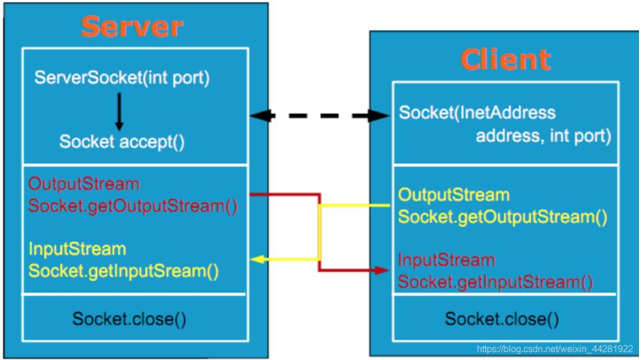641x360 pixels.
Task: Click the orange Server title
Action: [132, 26]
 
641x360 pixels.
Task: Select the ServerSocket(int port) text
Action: [122, 78]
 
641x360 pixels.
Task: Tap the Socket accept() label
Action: [122, 141]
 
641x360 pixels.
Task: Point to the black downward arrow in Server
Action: [119, 111]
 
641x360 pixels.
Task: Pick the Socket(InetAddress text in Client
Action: [477, 113]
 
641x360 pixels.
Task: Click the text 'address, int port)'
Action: [542, 136]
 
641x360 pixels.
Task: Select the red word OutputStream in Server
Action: [84, 183]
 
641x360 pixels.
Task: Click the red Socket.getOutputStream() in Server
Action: [133, 205]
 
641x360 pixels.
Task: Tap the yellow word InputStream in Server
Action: [77, 249]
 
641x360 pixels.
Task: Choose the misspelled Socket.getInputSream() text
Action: [125, 271]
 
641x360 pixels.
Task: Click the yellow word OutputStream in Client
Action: [454, 195]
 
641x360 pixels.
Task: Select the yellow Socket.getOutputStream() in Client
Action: [503, 217]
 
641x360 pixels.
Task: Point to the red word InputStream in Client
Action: [446, 260]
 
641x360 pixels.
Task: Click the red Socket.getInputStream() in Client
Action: [496, 282]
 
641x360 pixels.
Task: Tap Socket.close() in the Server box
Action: [129, 318]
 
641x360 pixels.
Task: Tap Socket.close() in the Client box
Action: [502, 319]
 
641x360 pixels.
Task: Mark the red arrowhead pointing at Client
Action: [382, 271]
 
